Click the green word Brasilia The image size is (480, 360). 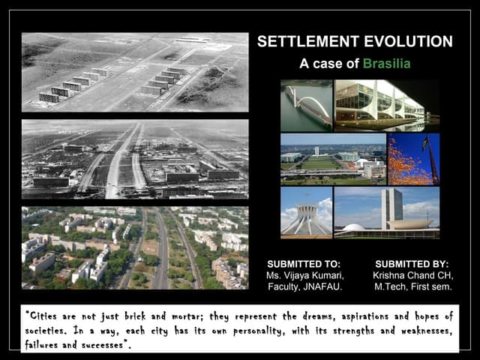(x=386, y=63)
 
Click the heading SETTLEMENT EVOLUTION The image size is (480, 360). (x=355, y=42)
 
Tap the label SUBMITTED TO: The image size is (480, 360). (x=304, y=264)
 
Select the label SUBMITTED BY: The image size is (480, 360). (x=412, y=264)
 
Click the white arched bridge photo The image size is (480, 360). (x=306, y=105)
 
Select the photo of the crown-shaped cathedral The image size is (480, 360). (x=306, y=212)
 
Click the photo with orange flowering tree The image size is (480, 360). (x=413, y=159)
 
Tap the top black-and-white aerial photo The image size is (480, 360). (x=135, y=72)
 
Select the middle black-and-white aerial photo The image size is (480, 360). (x=135, y=159)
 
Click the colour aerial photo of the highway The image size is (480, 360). (x=135, y=247)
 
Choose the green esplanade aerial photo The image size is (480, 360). (x=332, y=159)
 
